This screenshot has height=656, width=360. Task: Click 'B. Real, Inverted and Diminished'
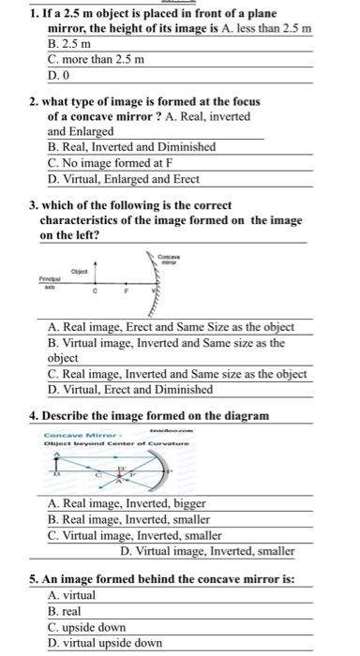(131, 147)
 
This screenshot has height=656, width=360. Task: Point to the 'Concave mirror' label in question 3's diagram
(169, 258)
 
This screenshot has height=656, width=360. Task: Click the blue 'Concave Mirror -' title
(76, 433)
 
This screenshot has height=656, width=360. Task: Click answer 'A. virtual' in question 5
(71, 595)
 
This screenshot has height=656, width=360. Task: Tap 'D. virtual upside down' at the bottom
(105, 643)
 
